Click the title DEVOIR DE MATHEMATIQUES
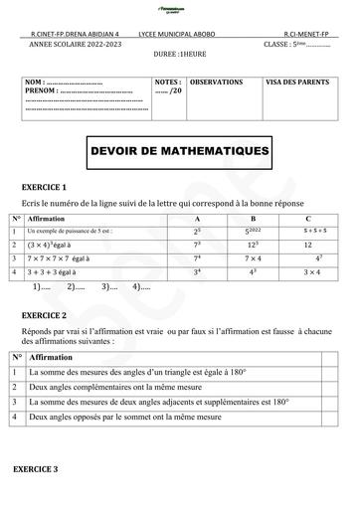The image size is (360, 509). point(179,152)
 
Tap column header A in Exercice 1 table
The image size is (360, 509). point(197,218)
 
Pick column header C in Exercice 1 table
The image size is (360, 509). point(309,218)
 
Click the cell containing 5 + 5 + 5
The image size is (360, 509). point(310,230)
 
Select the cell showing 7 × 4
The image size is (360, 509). point(253,257)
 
